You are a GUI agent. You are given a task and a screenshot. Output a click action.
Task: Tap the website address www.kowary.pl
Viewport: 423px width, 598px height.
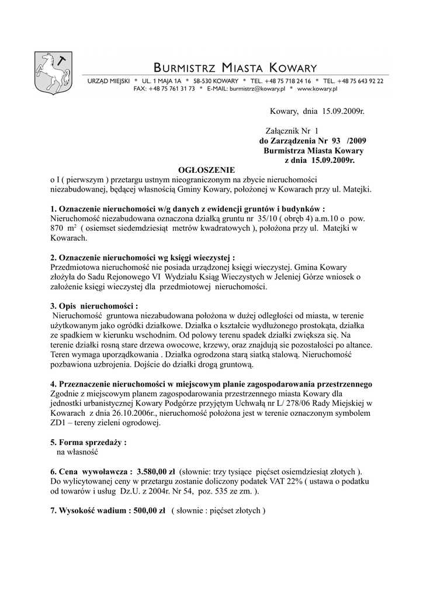click(x=317, y=89)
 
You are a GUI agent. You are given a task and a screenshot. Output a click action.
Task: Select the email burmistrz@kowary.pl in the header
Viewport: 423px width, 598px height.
click(x=257, y=89)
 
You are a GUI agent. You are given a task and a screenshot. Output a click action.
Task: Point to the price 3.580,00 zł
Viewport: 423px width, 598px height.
click(x=156, y=471)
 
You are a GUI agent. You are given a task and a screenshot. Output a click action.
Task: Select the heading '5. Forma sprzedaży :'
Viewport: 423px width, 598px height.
click(x=88, y=442)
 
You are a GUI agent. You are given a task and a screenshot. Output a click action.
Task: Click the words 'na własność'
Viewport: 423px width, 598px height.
click(x=77, y=451)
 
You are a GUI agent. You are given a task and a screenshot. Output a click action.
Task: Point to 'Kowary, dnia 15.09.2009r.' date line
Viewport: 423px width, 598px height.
click(x=317, y=111)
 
